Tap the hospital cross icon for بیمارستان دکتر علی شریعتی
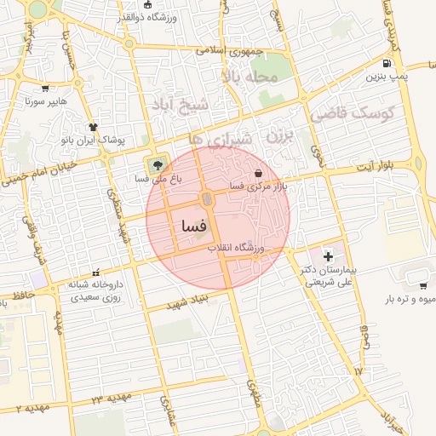pos(329,256)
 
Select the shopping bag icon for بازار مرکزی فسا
pos(259,173)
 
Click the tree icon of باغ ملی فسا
pos(156,165)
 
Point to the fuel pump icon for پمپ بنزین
pos(388,63)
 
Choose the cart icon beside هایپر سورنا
pos(45,88)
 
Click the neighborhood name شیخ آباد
pos(181,104)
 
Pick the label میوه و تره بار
pos(399,300)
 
